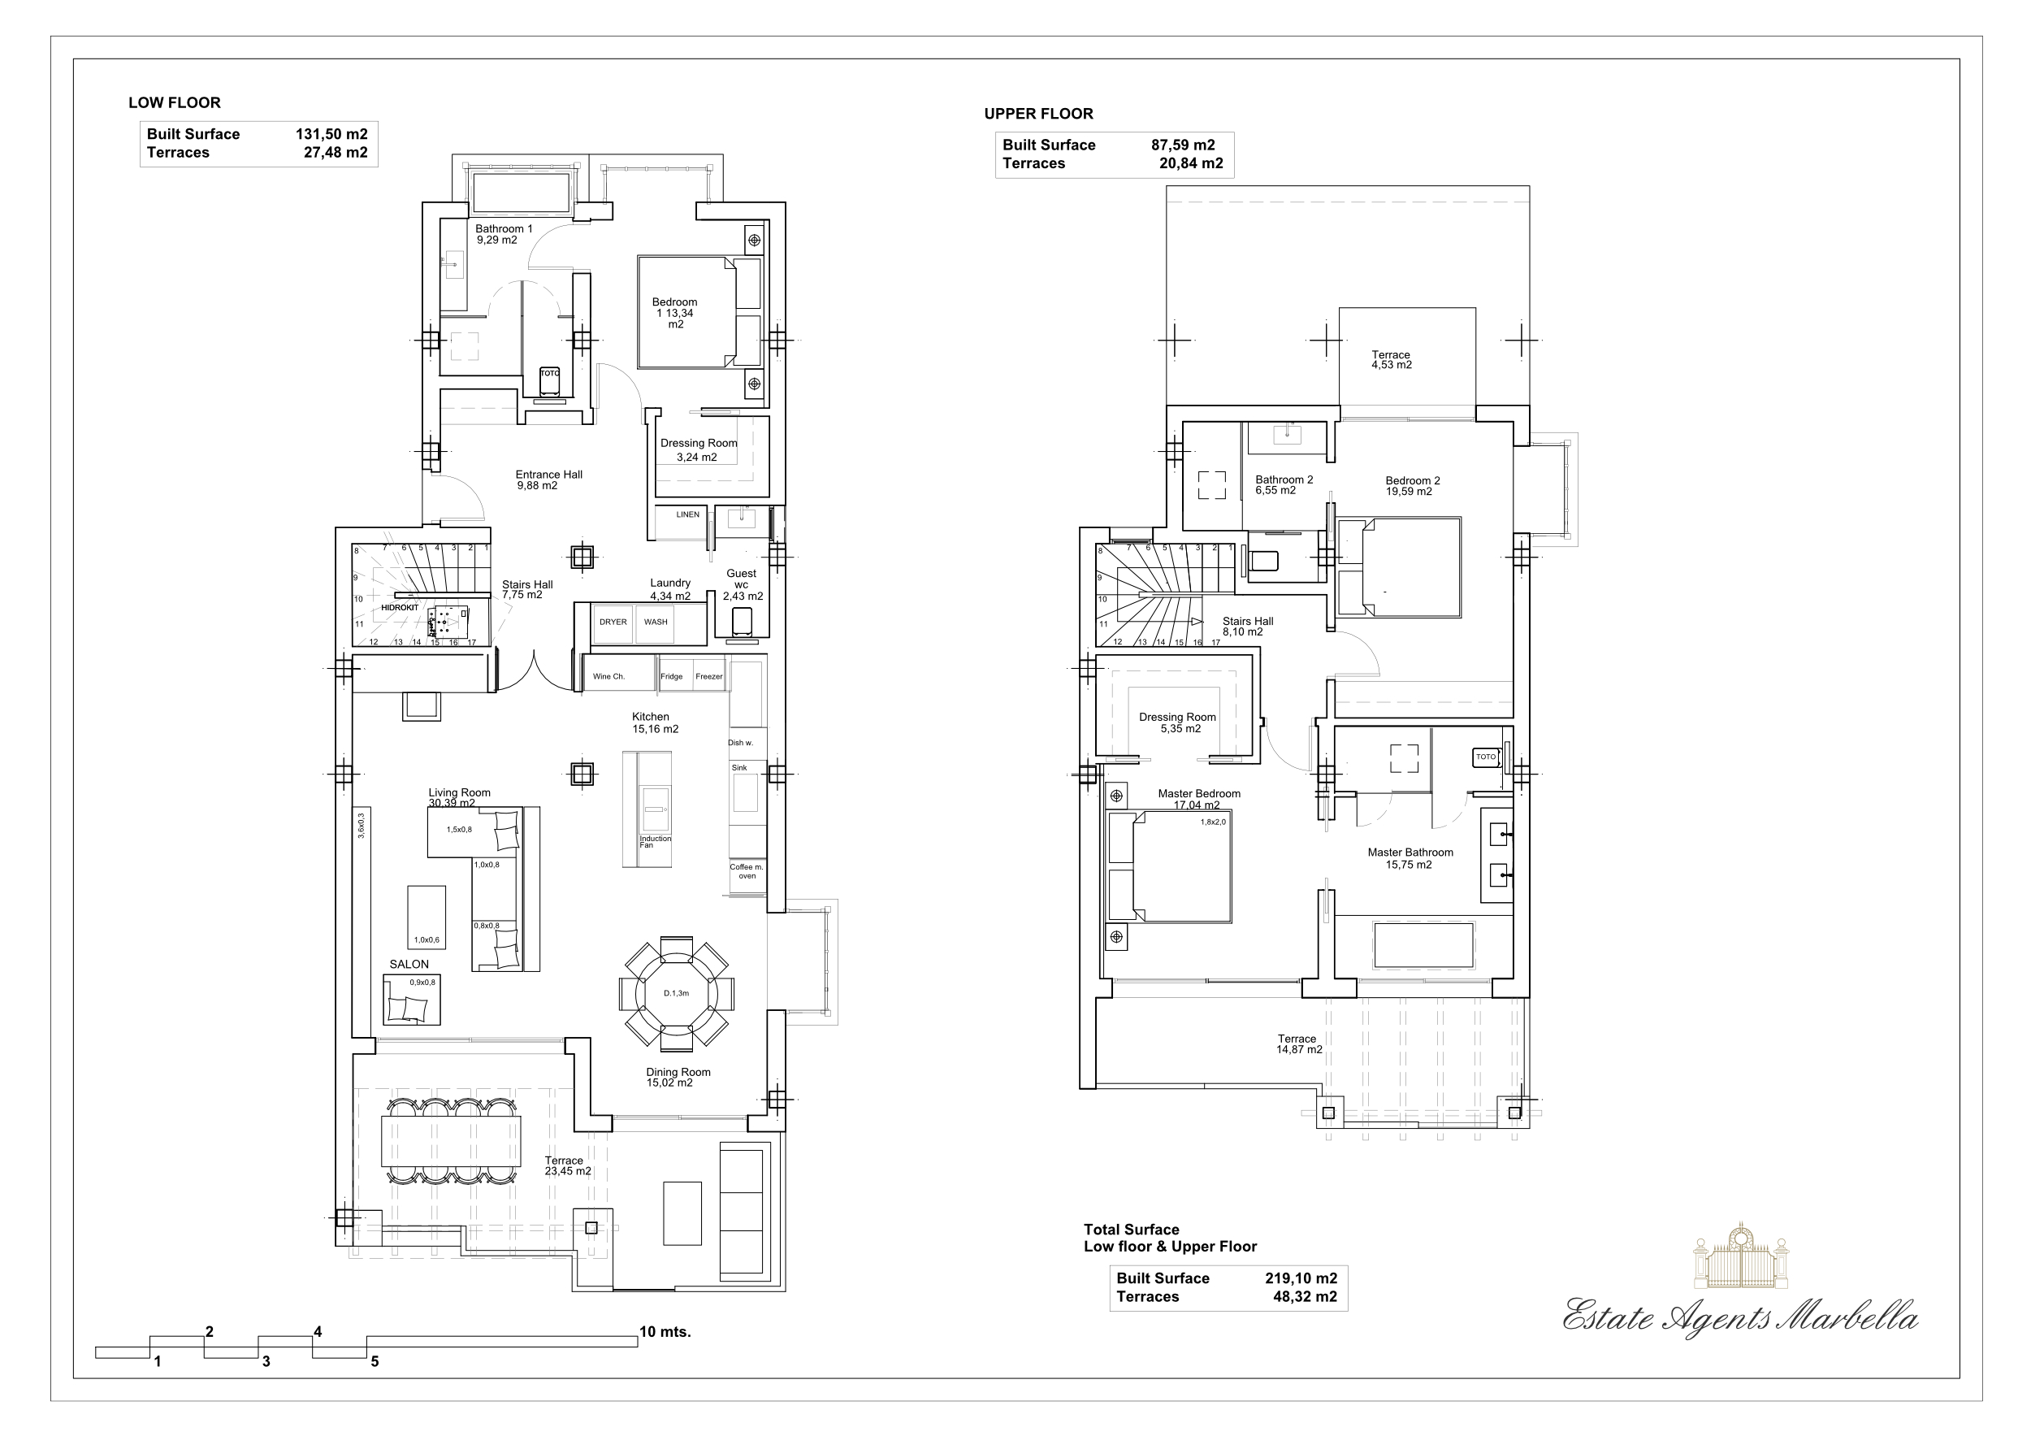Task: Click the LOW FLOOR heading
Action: (175, 102)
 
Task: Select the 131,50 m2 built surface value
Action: (331, 134)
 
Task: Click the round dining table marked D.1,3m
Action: (676, 993)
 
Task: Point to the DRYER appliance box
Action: (613, 622)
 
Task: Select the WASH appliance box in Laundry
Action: (656, 622)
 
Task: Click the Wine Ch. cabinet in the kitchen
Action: (608, 676)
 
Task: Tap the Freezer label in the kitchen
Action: (708, 676)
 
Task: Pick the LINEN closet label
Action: (687, 514)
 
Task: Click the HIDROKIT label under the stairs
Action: (399, 608)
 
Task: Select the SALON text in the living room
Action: (409, 965)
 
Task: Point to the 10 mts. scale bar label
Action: (665, 1332)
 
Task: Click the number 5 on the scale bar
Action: (375, 1362)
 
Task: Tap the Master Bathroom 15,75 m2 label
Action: (1410, 858)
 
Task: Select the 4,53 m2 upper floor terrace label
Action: (1391, 360)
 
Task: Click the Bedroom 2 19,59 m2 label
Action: (1412, 486)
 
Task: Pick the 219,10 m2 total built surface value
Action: (1301, 1278)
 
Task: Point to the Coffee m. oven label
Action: (747, 871)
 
